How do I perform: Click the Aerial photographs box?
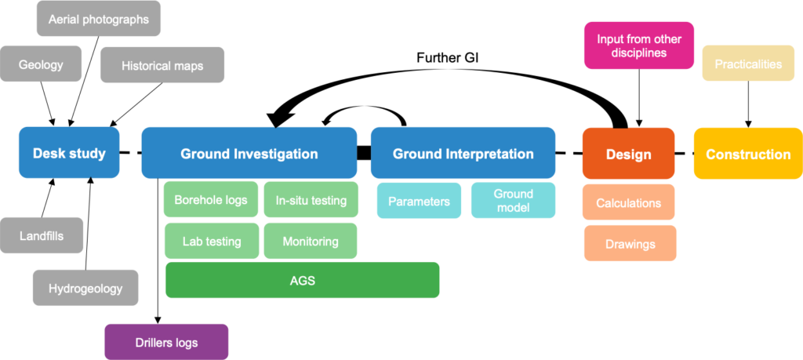(x=99, y=19)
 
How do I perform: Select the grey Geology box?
(x=41, y=64)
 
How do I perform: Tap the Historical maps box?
(x=162, y=66)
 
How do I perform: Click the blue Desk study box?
(x=69, y=153)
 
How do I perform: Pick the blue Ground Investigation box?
(x=249, y=153)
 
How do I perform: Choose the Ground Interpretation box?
(x=463, y=153)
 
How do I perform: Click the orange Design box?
(x=628, y=154)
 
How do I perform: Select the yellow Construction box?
(x=748, y=154)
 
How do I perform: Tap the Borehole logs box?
(x=211, y=200)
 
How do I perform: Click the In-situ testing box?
(x=311, y=200)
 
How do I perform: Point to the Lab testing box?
(x=211, y=242)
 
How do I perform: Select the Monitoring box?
(x=311, y=242)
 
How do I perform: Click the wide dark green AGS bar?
(x=302, y=280)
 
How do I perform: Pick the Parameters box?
(x=419, y=201)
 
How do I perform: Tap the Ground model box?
(x=513, y=201)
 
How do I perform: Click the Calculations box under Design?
(x=628, y=202)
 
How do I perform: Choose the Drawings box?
(x=630, y=243)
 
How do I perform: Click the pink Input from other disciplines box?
(x=639, y=45)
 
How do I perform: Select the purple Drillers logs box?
(x=166, y=342)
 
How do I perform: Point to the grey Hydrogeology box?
(x=85, y=288)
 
